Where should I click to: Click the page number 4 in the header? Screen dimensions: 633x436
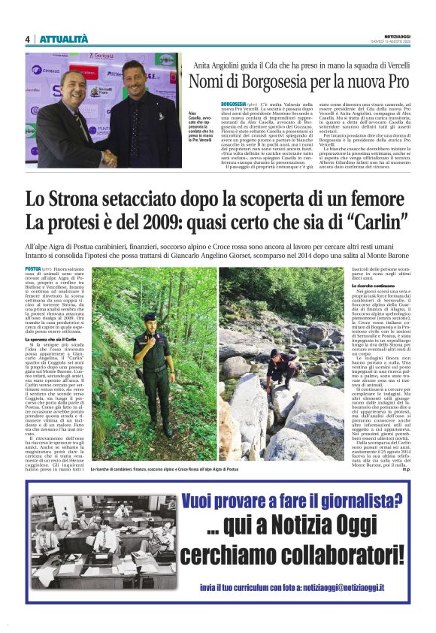27,40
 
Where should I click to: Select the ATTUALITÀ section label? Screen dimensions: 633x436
63,39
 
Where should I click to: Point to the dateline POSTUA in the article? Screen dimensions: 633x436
34,268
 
